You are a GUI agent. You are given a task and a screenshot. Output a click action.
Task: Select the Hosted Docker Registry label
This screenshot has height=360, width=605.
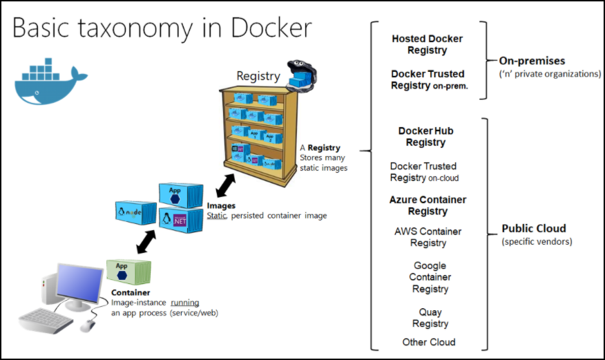click(428, 44)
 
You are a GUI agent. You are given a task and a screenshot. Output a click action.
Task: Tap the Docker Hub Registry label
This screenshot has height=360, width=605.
click(425, 136)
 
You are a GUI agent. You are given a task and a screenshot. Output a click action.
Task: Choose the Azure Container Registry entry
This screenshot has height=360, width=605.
click(428, 205)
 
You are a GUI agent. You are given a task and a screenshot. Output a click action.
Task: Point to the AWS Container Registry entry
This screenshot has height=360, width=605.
click(428, 237)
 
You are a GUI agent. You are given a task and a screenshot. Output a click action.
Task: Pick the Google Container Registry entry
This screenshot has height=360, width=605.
click(430, 277)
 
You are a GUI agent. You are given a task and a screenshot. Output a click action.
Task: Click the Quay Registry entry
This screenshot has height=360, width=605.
click(430, 318)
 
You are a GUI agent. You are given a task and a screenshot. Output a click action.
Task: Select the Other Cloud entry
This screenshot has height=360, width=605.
click(429, 342)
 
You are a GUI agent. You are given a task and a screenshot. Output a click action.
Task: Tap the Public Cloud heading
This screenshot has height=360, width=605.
click(534, 229)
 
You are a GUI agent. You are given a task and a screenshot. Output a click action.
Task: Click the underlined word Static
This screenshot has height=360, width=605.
click(217, 216)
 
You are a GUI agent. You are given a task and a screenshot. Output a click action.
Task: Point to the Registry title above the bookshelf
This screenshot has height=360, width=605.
click(258, 76)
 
